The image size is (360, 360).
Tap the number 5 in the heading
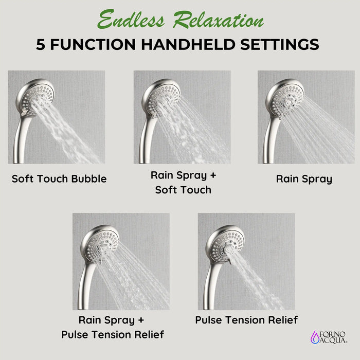point(42,44)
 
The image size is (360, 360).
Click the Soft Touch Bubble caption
point(59,179)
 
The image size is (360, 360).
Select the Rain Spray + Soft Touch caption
point(184,183)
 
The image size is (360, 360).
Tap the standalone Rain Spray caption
point(304,179)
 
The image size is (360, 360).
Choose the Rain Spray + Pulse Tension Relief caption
point(113,327)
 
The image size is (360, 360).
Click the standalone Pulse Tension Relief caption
point(246,320)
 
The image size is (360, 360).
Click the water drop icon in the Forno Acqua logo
point(315,336)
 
